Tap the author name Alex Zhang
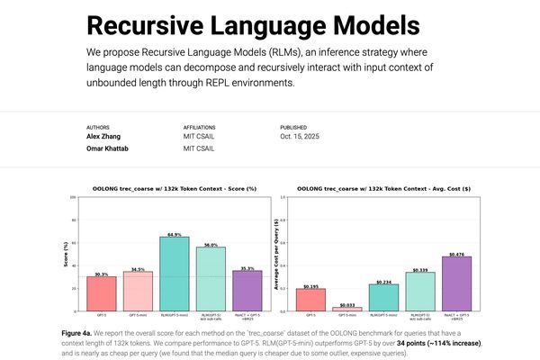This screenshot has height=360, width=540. point(107,138)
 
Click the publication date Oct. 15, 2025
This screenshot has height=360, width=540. point(300,138)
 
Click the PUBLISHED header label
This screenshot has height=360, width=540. point(295,128)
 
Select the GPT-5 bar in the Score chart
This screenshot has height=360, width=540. point(102,293)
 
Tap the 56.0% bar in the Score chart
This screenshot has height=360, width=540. point(211,278)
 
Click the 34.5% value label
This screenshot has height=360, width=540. point(138,269)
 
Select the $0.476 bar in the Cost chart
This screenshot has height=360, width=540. point(456,283)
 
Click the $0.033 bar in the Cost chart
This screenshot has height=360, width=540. point(346,309)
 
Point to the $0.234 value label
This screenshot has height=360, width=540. point(382,282)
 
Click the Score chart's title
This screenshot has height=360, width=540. point(175,188)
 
